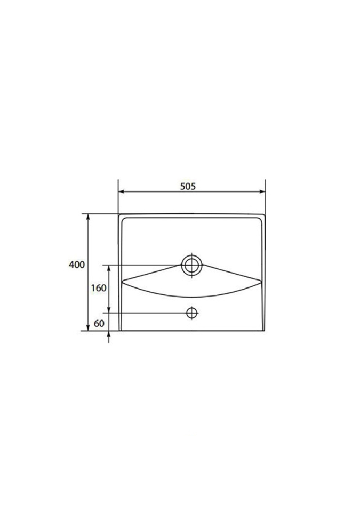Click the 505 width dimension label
click(188, 186)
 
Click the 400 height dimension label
click(76, 265)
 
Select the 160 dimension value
click(99, 288)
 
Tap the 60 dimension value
click(99, 323)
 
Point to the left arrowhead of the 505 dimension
click(121, 191)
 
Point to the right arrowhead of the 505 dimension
click(262, 191)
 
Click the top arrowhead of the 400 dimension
click(87, 217)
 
